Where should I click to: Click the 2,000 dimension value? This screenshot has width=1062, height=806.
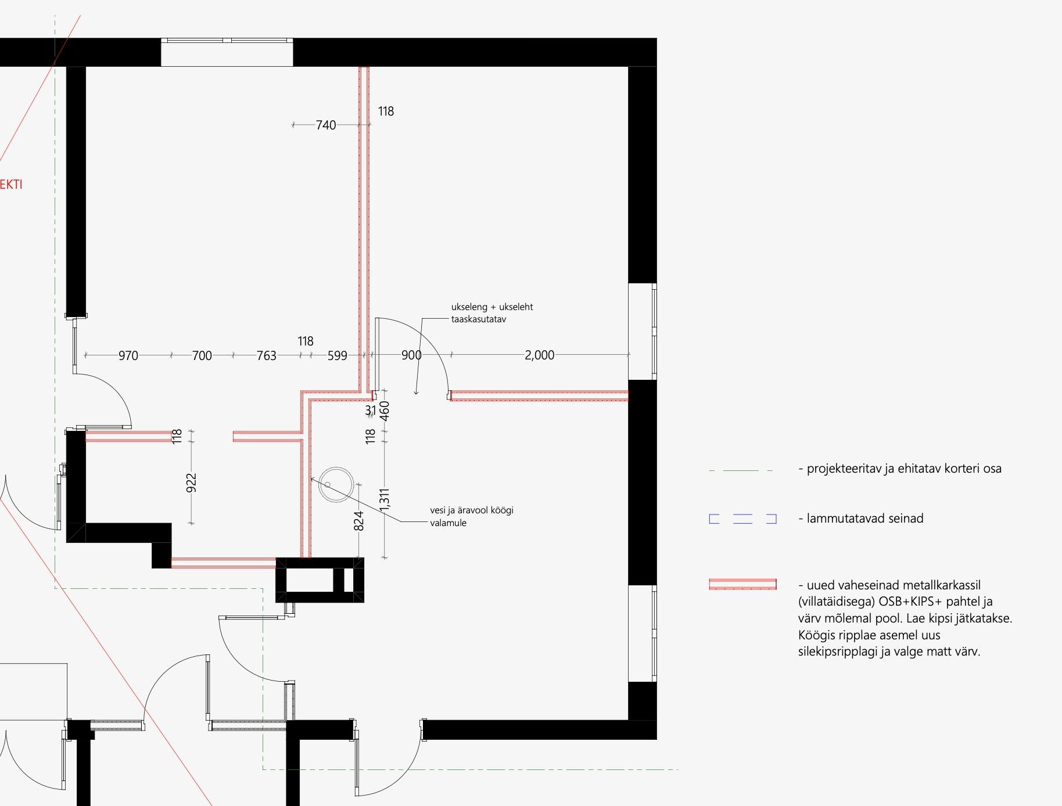coord(539,355)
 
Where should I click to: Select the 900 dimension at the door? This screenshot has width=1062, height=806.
coord(411,355)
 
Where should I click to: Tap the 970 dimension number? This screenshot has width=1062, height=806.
coord(128,355)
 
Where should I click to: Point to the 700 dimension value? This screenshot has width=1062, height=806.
coord(202,355)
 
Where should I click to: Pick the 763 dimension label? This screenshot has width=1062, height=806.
coord(267,355)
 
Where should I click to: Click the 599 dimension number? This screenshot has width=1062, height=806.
coord(338,355)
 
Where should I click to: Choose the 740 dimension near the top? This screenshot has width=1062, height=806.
coord(326,125)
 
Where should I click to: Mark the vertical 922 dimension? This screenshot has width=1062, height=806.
coord(192,483)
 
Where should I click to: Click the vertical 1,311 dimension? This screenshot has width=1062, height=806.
coord(384,501)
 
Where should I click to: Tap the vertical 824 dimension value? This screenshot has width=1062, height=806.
coord(359,521)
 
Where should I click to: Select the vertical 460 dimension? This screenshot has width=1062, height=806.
coord(384,411)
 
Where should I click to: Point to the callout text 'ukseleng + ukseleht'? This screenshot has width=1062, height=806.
coord(492,307)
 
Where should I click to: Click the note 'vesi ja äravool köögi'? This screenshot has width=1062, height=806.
coord(472,510)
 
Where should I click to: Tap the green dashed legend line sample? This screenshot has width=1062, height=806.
coord(741,470)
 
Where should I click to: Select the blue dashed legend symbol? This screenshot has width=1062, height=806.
coord(743,519)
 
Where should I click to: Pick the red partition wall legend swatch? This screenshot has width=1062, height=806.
coord(743,584)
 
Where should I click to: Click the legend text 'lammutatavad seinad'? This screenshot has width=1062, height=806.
coord(864,519)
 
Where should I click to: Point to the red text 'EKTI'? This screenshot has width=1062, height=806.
coord(11,185)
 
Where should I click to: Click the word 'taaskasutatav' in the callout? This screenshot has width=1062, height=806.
coord(479,319)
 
